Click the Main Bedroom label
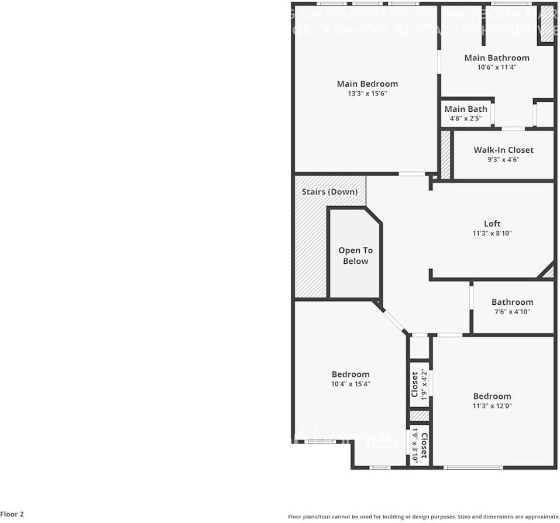point(367,84)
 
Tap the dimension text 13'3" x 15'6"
point(367,94)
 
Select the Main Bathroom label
point(497,57)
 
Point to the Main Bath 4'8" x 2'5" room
point(466,113)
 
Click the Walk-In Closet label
point(503,150)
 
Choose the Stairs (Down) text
point(329,192)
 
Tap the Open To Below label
point(355,256)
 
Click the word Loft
point(492,223)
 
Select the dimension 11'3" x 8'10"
point(492,233)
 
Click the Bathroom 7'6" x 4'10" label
point(512,307)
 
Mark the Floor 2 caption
point(12,514)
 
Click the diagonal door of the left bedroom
point(395,322)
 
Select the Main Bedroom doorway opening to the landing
point(413,174)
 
